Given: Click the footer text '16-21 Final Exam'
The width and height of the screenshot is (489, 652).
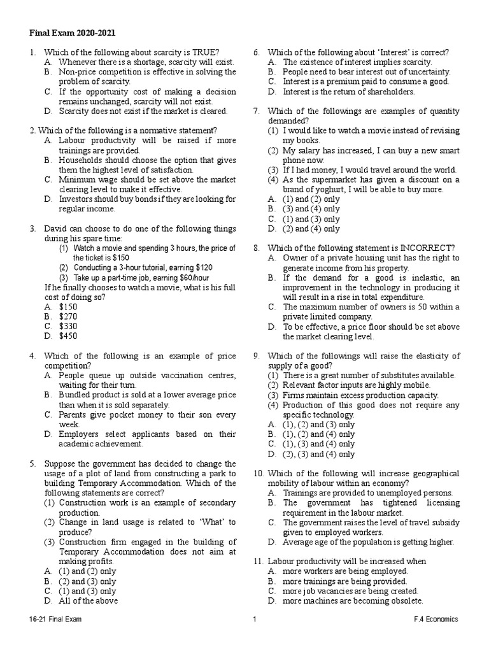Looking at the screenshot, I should click(x=55, y=619).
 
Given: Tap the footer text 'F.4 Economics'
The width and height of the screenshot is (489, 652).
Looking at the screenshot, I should click(x=435, y=619).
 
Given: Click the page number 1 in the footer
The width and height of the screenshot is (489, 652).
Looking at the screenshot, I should click(x=254, y=619).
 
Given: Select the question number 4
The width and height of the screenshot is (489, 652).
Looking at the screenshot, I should click(x=32, y=355).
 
